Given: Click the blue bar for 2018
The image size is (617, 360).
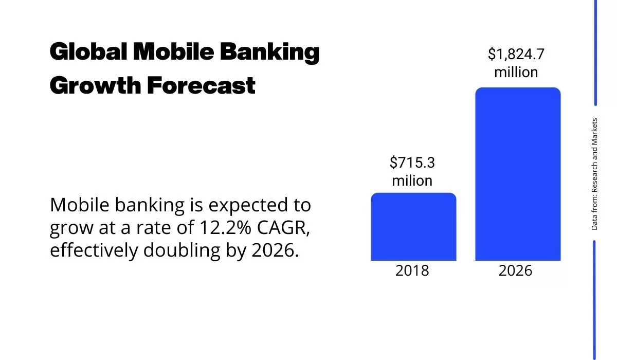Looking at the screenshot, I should pos(413,227).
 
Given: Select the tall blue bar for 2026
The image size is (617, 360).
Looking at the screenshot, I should pos(517,174).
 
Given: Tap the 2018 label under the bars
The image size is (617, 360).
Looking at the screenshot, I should pos(412,271).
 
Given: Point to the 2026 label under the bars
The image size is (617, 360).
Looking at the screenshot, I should pos(516,271).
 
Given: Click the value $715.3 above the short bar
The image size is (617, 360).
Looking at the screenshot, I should pos(412,163).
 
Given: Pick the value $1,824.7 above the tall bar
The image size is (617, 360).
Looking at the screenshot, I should pos(516,54).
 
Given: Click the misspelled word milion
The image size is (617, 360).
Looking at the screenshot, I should pos(412,181).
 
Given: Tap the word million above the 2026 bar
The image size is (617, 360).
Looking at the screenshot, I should pos(516,72).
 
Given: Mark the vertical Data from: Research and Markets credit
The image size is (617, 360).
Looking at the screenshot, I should pos(594,174).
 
